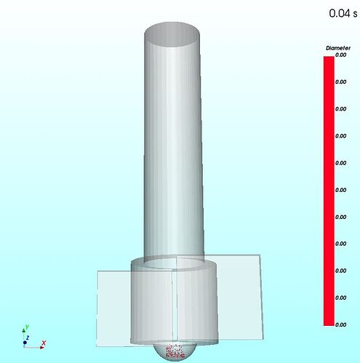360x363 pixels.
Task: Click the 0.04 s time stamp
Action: [x=343, y=13]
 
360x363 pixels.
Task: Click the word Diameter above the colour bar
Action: [x=338, y=48]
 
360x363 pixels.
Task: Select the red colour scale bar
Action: [x=329, y=191]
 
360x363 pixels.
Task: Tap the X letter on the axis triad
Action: [x=44, y=343]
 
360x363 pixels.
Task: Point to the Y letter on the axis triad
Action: [x=27, y=327]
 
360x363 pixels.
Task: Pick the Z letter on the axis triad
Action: [x=28, y=338]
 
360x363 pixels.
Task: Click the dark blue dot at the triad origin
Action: [x=25, y=343]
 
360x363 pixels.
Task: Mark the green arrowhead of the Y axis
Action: [x=24, y=330]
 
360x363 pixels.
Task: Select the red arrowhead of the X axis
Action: [x=42, y=348]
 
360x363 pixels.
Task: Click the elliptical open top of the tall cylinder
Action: [x=172, y=34]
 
